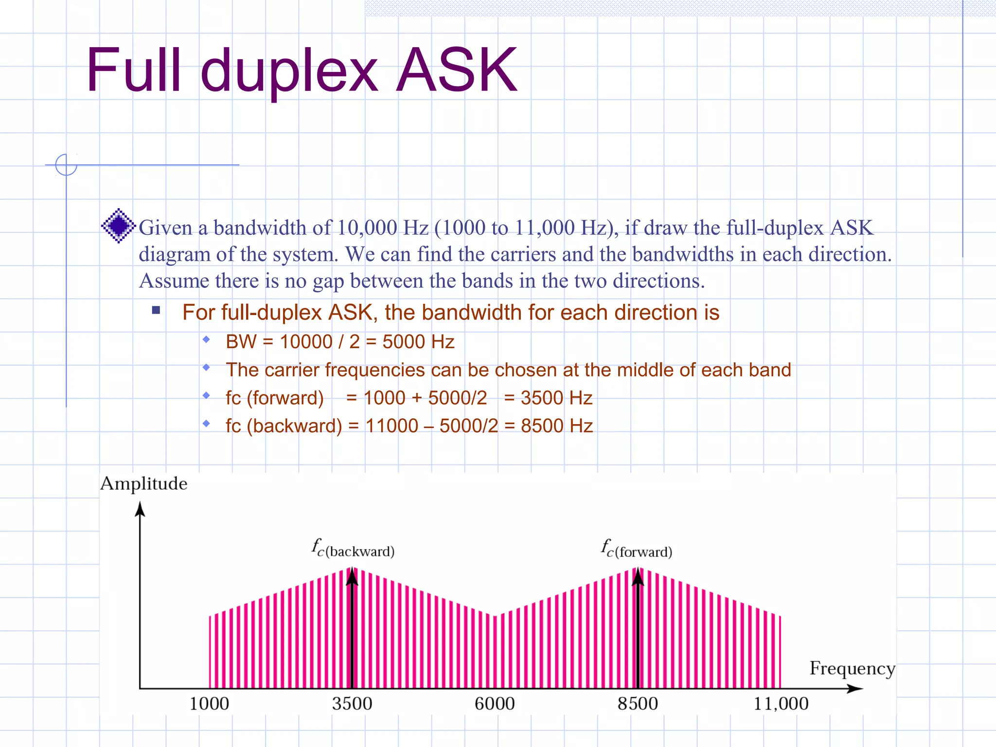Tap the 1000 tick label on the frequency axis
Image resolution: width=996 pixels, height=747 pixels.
pyautogui.click(x=209, y=704)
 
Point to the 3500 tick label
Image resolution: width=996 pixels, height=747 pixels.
pyautogui.click(x=352, y=704)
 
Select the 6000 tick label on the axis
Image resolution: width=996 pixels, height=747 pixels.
pyautogui.click(x=495, y=704)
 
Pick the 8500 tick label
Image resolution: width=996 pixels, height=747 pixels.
pyautogui.click(x=638, y=704)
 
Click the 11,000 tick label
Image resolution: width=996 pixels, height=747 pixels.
pyautogui.click(x=781, y=704)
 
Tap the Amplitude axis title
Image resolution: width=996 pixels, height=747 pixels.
pyautogui.click(x=143, y=483)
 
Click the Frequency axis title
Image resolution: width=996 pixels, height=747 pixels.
pyautogui.click(x=852, y=669)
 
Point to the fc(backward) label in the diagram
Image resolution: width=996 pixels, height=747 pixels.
pyautogui.click(x=353, y=549)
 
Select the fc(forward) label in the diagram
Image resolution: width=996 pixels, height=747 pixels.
pyautogui.click(x=637, y=550)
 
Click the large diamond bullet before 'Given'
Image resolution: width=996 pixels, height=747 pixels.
pyautogui.click(x=118, y=226)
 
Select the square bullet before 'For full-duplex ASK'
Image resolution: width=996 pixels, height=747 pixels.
pyautogui.click(x=156, y=310)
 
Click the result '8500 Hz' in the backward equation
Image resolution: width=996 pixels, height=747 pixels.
pyautogui.click(x=557, y=426)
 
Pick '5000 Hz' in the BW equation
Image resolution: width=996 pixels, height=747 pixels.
pyautogui.click(x=418, y=342)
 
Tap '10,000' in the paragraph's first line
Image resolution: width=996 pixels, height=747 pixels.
pyautogui.click(x=368, y=228)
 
